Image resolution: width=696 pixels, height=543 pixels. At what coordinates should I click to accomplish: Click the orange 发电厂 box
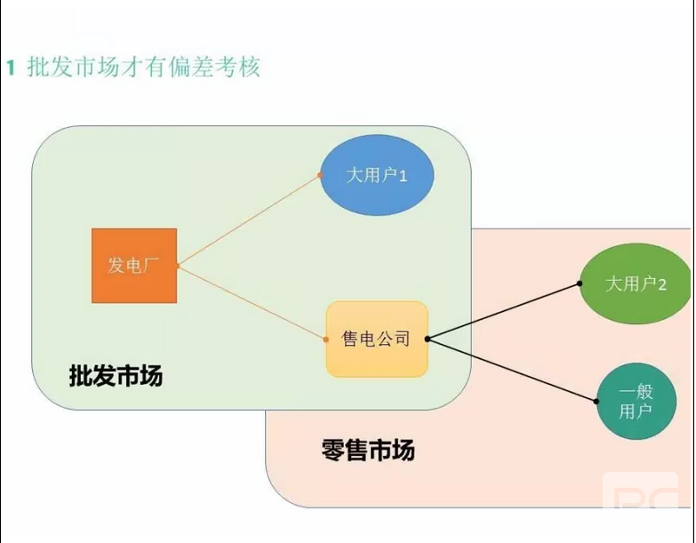click(x=134, y=266)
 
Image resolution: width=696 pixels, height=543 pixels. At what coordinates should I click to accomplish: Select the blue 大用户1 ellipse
click(x=377, y=176)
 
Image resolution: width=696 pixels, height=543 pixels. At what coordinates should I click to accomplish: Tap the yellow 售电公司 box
click(x=377, y=339)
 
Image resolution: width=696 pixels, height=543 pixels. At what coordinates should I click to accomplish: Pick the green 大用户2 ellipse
click(x=636, y=283)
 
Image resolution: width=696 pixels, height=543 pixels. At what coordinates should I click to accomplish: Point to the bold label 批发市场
click(x=116, y=376)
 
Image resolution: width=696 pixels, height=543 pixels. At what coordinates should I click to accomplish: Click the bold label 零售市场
click(x=367, y=450)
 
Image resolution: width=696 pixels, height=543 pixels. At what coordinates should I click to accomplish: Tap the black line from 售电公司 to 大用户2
click(x=503, y=311)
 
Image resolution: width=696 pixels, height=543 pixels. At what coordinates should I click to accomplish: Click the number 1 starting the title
click(x=11, y=68)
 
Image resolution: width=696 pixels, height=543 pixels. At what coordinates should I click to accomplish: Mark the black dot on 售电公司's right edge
click(x=428, y=339)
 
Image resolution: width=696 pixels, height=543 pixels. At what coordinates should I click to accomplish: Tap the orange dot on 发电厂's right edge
click(x=178, y=266)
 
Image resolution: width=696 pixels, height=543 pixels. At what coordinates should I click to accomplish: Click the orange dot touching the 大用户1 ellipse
click(x=321, y=176)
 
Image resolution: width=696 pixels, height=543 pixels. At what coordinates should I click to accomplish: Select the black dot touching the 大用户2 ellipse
click(x=580, y=283)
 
